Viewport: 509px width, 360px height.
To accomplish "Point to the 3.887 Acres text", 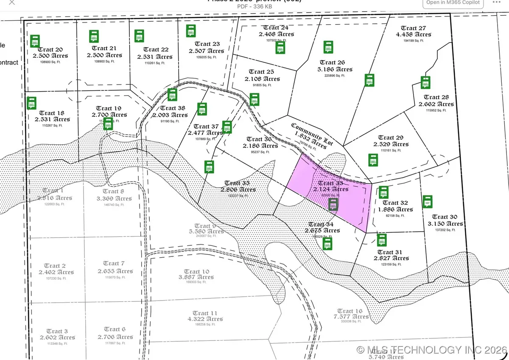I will pyautogui.click(x=197, y=277).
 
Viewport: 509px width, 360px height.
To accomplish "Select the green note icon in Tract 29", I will pyautogui.click(x=373, y=160).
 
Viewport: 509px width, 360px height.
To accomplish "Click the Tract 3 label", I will pyautogui.click(x=57, y=331).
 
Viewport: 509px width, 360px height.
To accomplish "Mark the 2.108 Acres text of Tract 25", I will pyautogui.click(x=262, y=79).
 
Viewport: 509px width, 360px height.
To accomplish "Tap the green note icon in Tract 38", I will pyautogui.click(x=172, y=95).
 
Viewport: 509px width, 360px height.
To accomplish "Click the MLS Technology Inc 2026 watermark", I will pyautogui.click(x=431, y=350).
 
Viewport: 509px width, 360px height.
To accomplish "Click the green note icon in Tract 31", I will pyautogui.click(x=382, y=240).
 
